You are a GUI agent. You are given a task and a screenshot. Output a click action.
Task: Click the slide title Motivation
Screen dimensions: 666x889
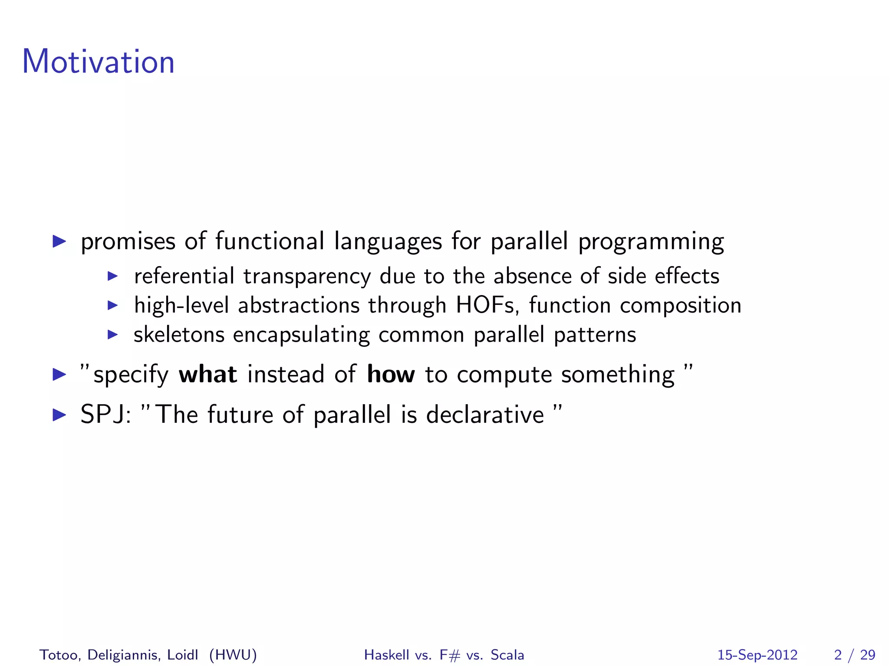click(98, 62)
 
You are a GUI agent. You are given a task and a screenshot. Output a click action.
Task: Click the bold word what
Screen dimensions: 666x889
click(208, 375)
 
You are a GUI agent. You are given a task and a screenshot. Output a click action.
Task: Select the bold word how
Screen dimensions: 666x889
click(391, 375)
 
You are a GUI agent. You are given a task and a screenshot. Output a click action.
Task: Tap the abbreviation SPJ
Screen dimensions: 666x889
click(105, 415)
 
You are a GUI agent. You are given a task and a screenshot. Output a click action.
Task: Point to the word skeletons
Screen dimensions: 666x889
click(179, 335)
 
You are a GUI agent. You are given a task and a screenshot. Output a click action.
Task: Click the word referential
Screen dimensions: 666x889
click(184, 276)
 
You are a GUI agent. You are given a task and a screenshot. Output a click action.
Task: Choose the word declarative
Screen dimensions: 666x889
click(485, 415)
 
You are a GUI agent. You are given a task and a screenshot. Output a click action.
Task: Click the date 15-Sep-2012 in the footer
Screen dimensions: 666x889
click(757, 655)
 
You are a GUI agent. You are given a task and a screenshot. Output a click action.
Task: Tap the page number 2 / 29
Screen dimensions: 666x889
click(855, 655)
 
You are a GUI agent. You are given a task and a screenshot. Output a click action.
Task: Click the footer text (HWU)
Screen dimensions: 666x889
click(233, 655)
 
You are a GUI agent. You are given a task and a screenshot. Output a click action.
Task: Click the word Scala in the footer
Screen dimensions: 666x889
click(507, 655)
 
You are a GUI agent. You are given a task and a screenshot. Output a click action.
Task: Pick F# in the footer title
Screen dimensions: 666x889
click(449, 655)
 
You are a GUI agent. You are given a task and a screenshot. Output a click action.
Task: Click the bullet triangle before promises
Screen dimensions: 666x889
click(59, 242)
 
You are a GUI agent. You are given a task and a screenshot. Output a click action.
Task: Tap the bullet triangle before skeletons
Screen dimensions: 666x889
click(112, 335)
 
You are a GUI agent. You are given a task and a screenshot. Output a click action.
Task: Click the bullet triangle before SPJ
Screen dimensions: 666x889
click(59, 415)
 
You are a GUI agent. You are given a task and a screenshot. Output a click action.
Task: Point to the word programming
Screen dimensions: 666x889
click(651, 242)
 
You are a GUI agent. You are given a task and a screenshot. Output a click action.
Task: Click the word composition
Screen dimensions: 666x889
click(681, 306)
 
